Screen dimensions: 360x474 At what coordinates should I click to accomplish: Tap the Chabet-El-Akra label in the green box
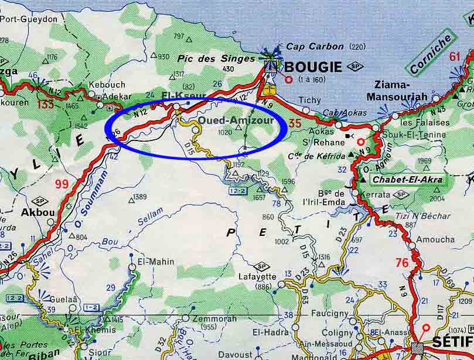[x=407, y=179]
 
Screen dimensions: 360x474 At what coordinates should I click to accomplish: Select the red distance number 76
[x=401, y=263]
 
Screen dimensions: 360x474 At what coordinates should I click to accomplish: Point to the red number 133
[x=46, y=104]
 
